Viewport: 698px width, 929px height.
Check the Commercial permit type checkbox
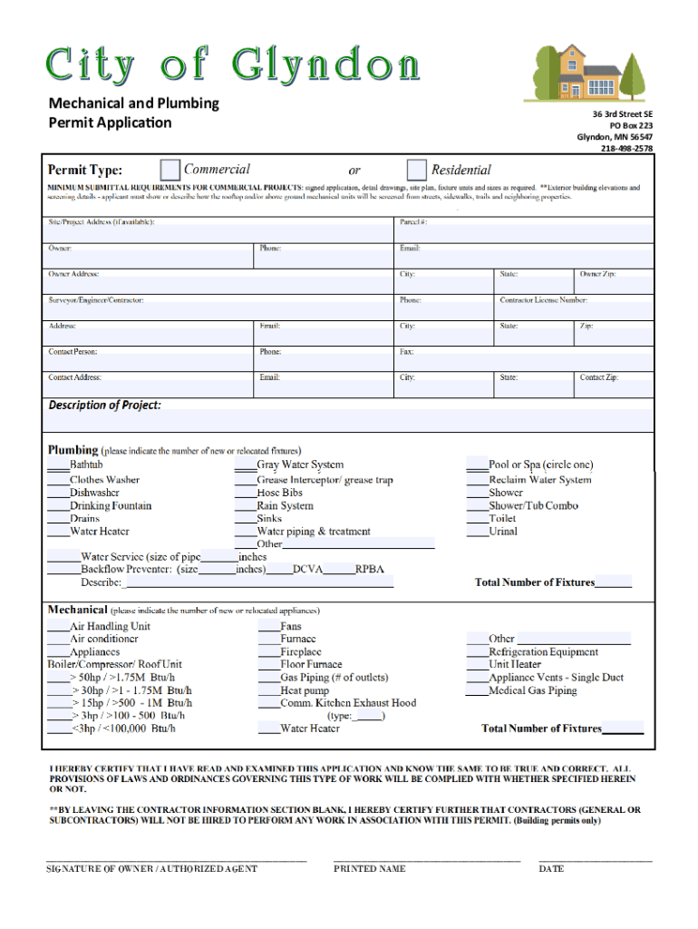pos(170,170)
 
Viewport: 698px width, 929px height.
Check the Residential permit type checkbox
pos(417,170)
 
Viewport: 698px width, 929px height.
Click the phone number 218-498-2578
pos(626,149)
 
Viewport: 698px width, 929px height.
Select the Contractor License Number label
pos(543,300)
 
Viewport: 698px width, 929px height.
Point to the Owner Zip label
pos(598,274)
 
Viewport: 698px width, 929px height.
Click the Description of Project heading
pos(104,405)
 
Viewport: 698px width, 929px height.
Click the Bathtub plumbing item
pos(86,464)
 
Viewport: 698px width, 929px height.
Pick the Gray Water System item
pos(299,464)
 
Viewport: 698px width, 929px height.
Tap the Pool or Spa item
pos(540,464)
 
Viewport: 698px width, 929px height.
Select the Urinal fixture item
pos(503,532)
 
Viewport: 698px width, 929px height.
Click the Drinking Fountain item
pos(111,505)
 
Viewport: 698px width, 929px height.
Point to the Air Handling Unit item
pos(111,626)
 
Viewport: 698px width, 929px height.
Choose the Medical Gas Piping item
pos(532,690)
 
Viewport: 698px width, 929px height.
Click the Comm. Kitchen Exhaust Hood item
pos(348,702)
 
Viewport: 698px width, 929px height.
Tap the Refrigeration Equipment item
pos(543,651)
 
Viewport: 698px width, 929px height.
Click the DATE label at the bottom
pos(551,869)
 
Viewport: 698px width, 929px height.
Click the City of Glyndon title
pos(233,65)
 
